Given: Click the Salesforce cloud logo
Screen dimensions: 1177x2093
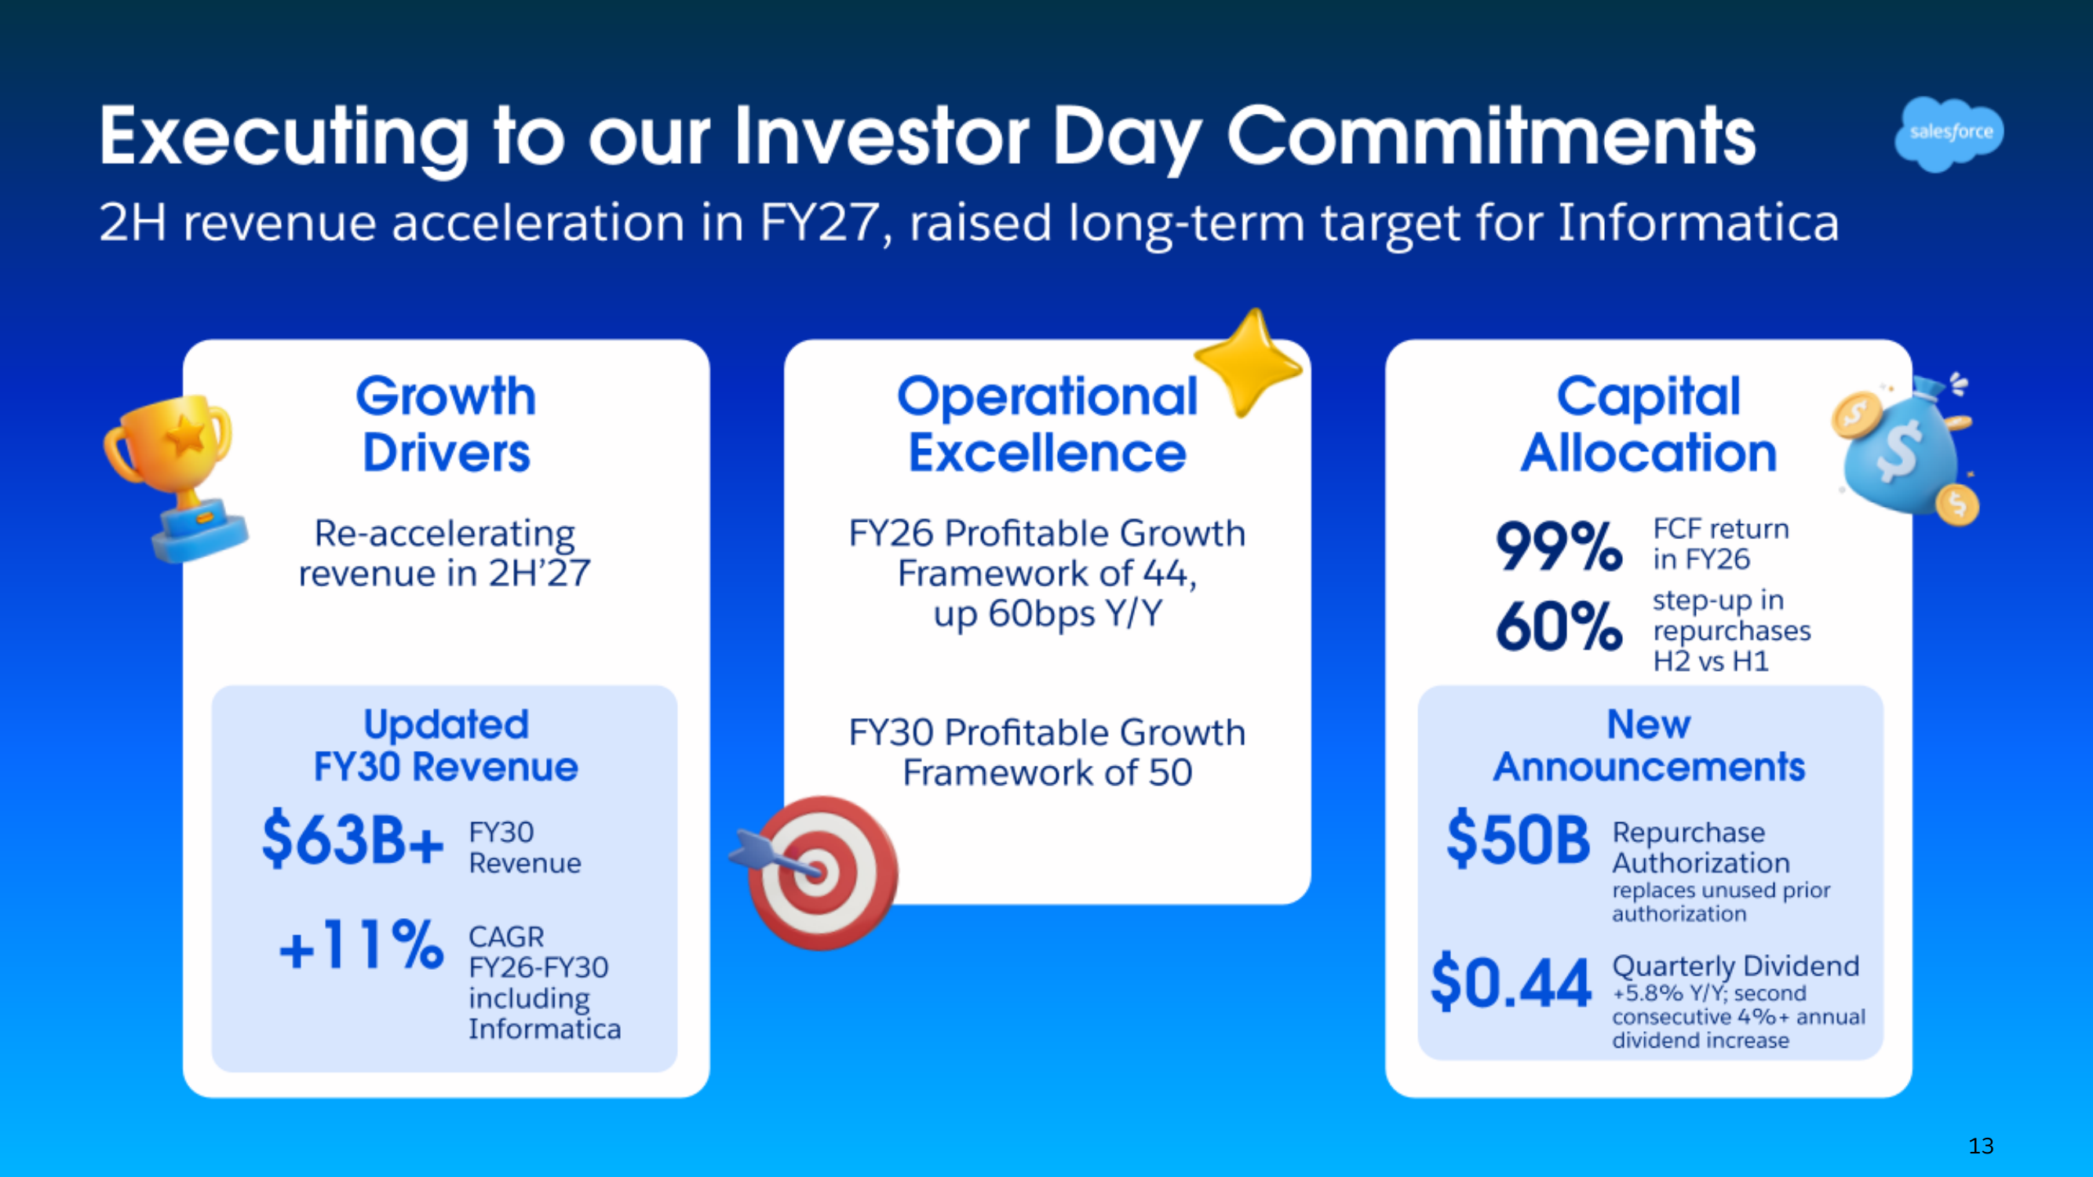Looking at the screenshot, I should pos(1949,133).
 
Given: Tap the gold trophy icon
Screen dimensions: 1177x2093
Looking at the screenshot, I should pos(177,476).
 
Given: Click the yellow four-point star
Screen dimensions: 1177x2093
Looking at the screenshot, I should pos(1249,362).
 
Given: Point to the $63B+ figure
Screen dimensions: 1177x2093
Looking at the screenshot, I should pos(352,839).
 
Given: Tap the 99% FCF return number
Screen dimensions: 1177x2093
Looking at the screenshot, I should pos(1559,546).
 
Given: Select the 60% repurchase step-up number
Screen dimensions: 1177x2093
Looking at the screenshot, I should pos(1559,626).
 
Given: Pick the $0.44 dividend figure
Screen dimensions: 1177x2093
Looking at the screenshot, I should pos(1511,982).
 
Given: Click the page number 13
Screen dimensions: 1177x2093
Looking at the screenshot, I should pos(1981,1146).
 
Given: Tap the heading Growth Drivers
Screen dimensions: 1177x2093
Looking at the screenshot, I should pos(446,424).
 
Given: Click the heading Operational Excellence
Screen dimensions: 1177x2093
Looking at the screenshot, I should pos(1047,424).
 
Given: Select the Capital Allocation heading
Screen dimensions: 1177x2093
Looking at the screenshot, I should pos(1649,424).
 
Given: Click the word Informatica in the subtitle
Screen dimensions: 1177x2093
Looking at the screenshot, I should pos(1698,223).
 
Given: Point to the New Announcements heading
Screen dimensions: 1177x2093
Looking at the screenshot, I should pos(1649,745).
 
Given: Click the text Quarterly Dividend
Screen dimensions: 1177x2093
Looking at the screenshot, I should pos(1735,966).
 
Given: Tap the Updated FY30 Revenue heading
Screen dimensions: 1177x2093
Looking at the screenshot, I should pos(446,745).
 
